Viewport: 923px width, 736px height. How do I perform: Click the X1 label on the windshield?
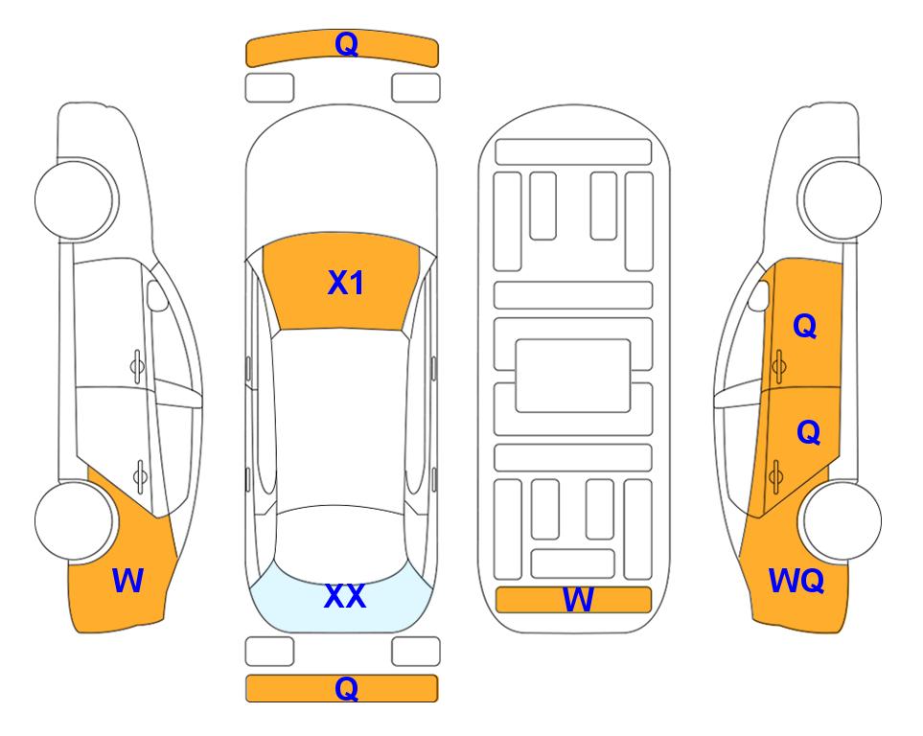coord(346,284)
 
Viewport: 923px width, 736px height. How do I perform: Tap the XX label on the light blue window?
coord(345,596)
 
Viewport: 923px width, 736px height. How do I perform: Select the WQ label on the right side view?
coord(796,581)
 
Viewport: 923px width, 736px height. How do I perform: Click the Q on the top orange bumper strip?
coord(346,44)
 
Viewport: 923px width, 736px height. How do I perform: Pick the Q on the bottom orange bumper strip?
coord(346,688)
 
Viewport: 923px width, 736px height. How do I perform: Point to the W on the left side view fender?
coord(127,581)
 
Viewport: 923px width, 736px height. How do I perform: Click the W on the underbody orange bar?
coord(578,600)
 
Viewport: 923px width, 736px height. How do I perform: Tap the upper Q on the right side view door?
coord(805,326)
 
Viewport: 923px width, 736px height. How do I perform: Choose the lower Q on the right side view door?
coord(808,432)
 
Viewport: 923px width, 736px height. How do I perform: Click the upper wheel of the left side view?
coord(76,199)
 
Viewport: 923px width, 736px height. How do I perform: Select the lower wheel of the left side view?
coord(76,520)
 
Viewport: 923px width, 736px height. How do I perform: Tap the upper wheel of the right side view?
coord(841,199)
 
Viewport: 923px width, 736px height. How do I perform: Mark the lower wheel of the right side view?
coord(841,520)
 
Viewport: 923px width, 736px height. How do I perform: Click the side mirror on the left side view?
coord(156,295)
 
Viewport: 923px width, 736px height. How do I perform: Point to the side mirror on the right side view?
coord(759,295)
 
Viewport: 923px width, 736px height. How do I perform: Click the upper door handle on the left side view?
coord(137,367)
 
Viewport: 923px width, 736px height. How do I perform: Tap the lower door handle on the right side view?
coord(775,476)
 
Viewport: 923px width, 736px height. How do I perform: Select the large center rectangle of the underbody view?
coord(573,376)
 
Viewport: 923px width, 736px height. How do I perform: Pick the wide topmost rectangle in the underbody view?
coord(573,152)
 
